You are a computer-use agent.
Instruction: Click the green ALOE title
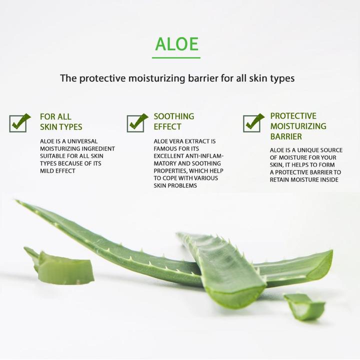click(176, 43)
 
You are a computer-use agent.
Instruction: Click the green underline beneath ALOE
click(176, 57)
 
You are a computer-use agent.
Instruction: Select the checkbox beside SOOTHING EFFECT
click(136, 122)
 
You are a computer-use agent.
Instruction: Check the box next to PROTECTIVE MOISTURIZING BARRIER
click(252, 122)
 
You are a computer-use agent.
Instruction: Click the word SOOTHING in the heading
click(173, 116)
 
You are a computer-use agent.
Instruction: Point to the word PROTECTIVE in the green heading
click(293, 116)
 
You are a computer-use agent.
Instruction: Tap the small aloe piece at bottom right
click(304, 306)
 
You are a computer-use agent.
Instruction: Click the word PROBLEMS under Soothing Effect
click(183, 185)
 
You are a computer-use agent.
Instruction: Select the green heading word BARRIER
click(286, 136)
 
